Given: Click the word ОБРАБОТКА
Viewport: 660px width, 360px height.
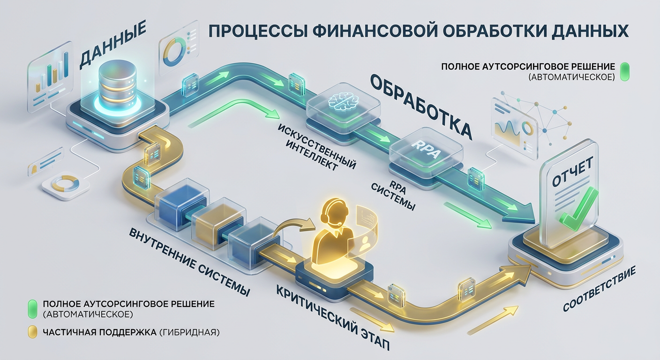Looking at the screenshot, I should click(x=422, y=105).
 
